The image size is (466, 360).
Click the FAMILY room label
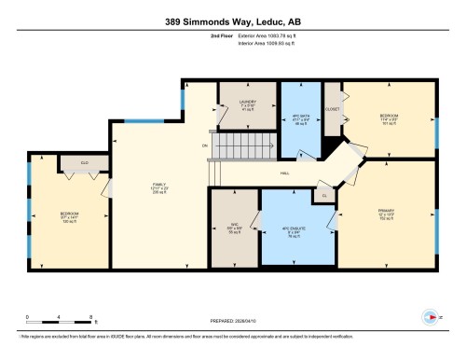(x=159, y=186)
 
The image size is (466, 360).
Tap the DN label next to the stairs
(x=204, y=145)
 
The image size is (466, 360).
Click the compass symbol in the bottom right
(x=431, y=315)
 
